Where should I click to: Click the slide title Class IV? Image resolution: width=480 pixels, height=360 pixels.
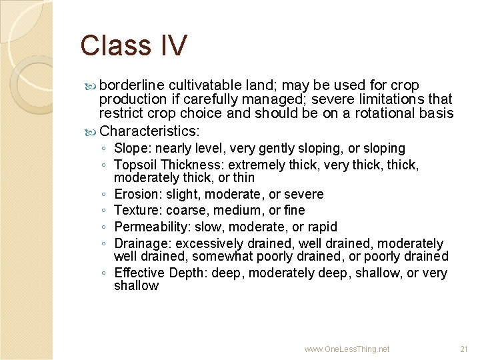click(133, 45)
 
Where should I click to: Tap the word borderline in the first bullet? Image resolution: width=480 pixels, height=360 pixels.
click(132, 85)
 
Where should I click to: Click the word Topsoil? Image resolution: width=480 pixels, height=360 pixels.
click(135, 164)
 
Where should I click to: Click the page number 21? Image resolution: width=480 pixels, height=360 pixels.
click(464, 349)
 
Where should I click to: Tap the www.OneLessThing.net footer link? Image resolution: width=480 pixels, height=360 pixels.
click(347, 349)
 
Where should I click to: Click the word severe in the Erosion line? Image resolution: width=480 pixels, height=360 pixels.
click(304, 194)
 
